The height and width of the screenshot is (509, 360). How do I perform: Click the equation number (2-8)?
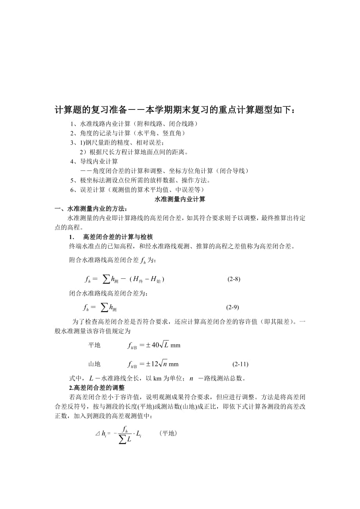(234, 279)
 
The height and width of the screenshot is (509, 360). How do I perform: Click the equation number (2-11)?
(240, 364)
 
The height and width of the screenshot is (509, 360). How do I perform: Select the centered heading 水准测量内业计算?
(180, 199)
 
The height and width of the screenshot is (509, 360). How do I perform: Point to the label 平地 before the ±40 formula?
(94, 345)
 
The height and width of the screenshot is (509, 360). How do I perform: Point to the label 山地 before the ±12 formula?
(94, 364)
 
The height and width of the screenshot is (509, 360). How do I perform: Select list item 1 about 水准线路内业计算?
(134, 124)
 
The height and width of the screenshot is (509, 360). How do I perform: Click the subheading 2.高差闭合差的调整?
(97, 388)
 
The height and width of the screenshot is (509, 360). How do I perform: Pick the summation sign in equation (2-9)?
(104, 307)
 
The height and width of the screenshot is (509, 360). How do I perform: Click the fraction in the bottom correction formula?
(125, 434)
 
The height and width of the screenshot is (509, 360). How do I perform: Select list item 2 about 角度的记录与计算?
(128, 133)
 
